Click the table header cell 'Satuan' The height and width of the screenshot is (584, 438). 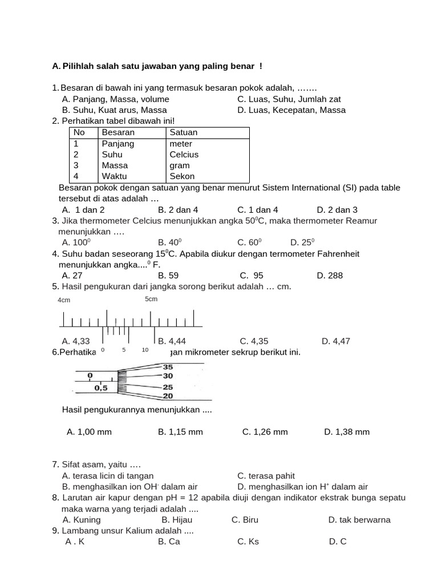pos(184,132)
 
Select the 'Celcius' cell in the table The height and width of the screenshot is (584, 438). pos(184,155)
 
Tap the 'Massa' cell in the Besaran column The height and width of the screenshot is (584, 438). pos(115,165)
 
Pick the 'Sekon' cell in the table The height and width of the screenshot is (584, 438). pos(182,176)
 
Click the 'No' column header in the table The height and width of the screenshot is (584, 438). pos(79,132)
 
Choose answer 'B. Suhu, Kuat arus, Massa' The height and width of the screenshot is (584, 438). pos(114,110)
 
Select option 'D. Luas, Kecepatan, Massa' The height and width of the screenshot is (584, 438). pos(291,110)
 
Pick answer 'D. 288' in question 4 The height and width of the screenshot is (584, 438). pos(330,275)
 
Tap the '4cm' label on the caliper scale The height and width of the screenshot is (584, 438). pos(64,300)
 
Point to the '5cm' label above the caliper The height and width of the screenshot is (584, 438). pos(151,299)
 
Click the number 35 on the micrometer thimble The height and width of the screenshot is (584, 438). pos(168,367)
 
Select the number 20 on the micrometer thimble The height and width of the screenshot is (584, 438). pos(168,396)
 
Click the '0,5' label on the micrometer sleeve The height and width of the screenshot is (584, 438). pos(101,388)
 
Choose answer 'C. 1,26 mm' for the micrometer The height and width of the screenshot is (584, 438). pos(265,432)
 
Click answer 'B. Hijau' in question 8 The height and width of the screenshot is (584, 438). pos(177,520)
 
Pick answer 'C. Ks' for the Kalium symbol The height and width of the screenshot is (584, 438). pos(248,541)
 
